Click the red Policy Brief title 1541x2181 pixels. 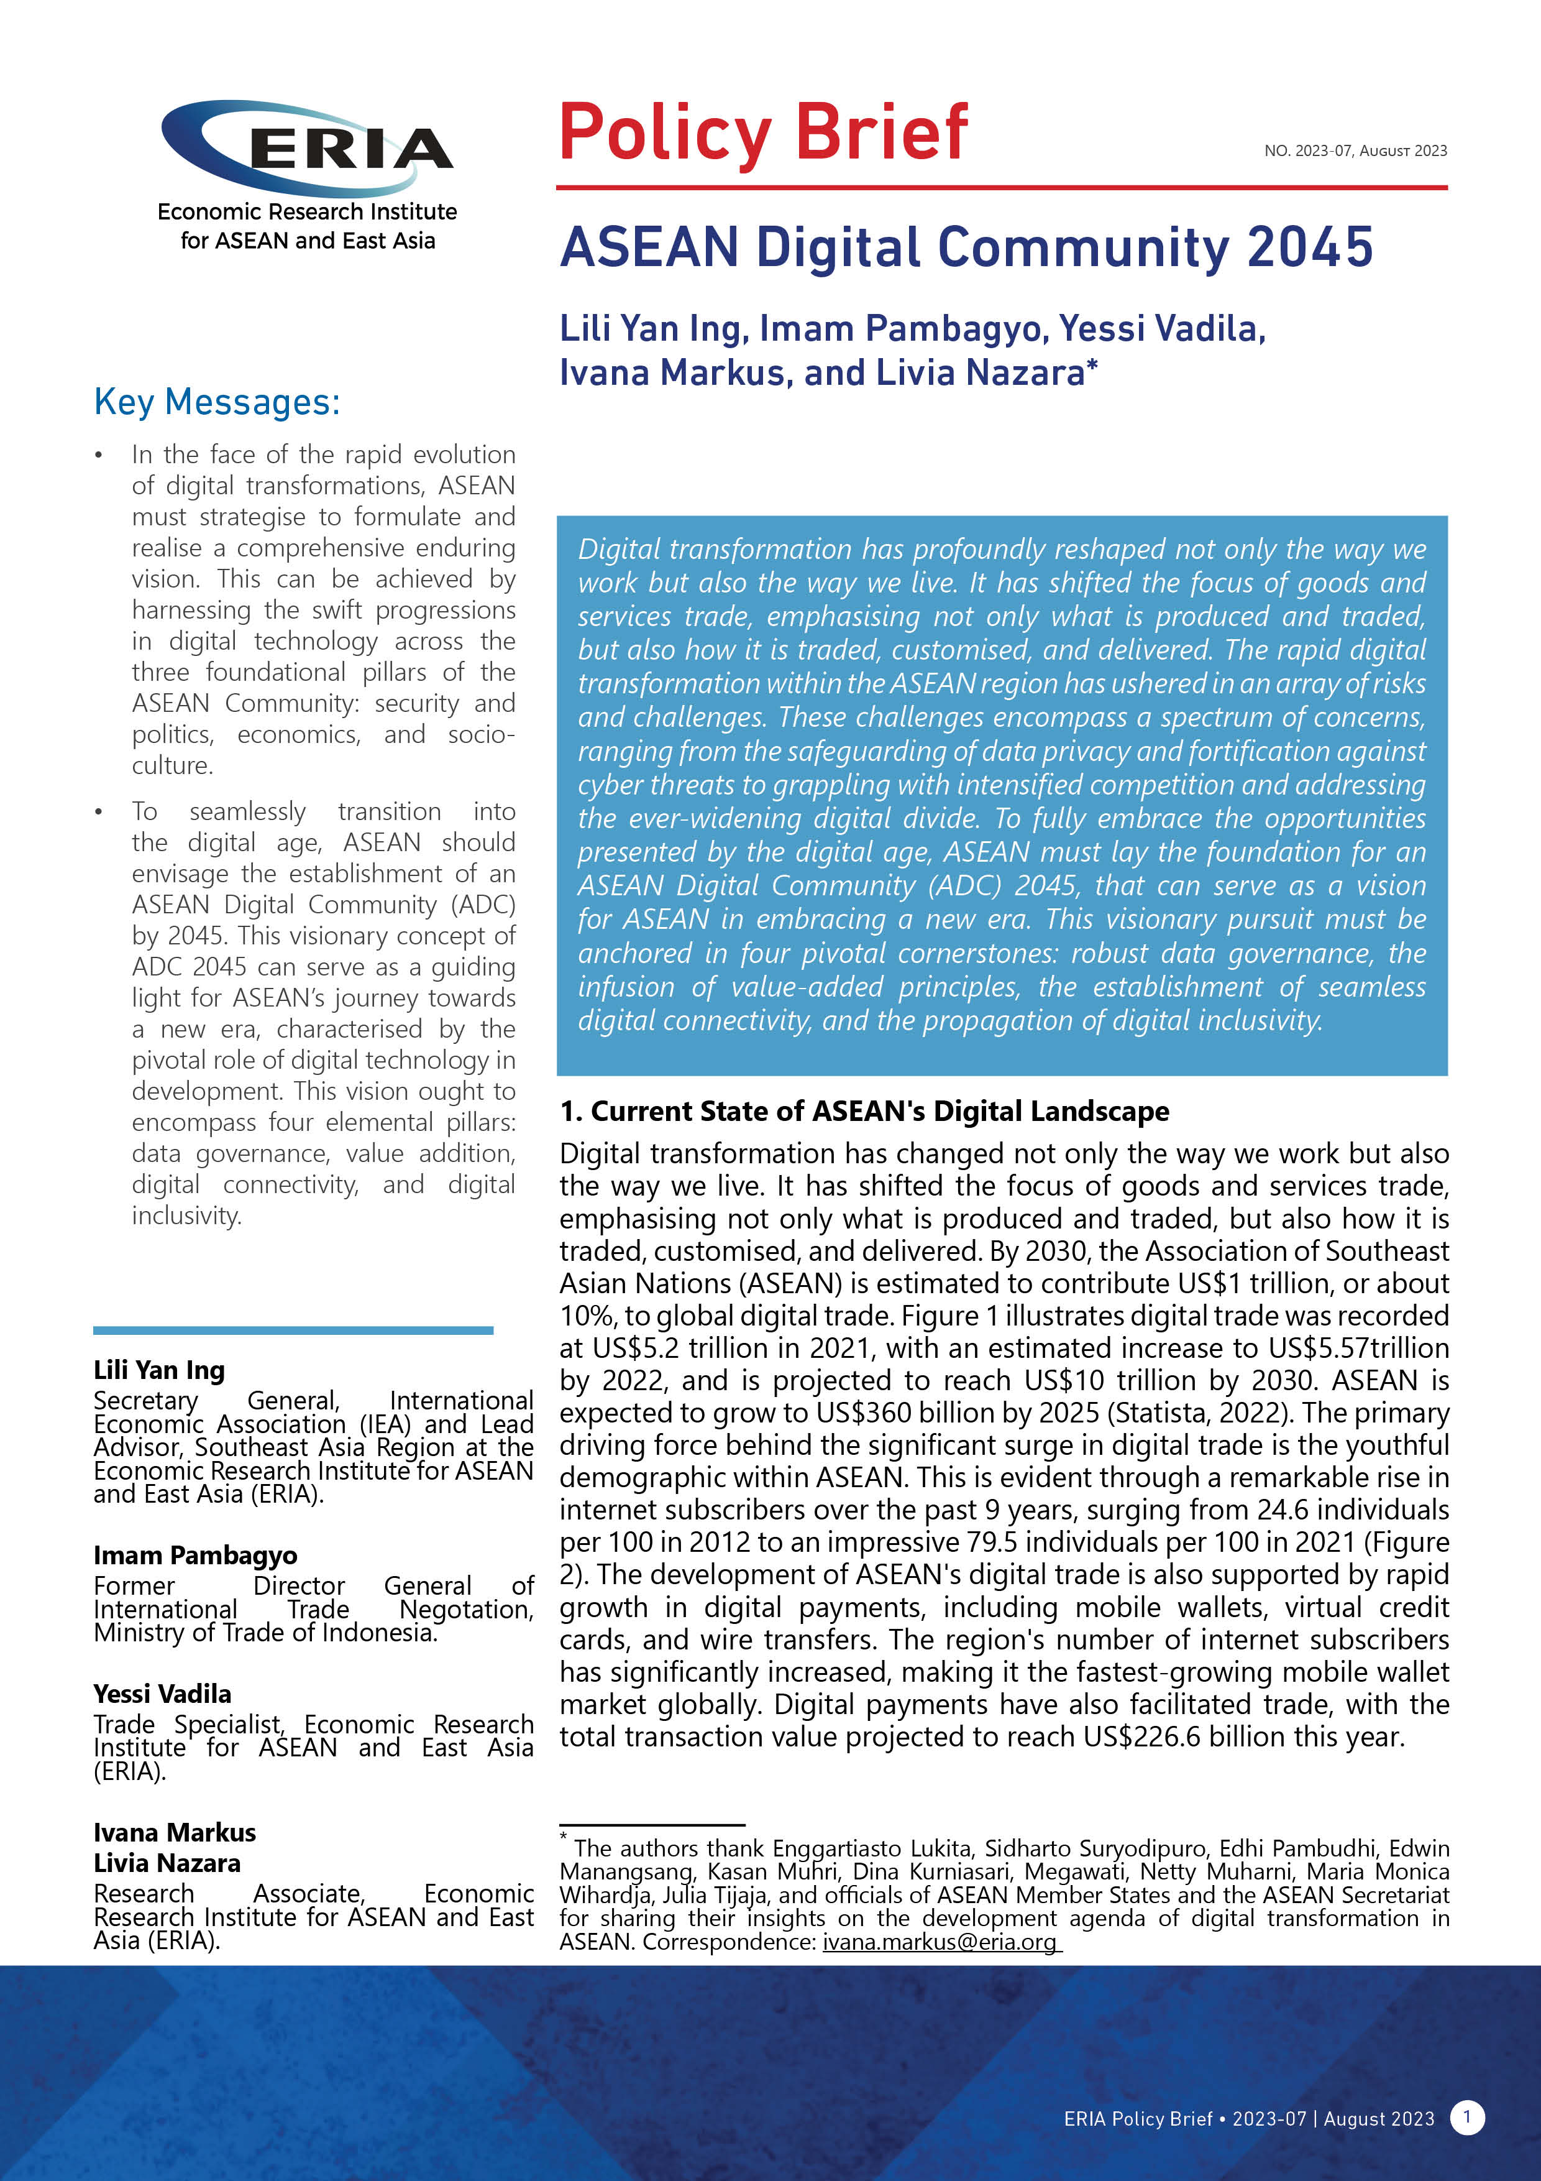click(762, 133)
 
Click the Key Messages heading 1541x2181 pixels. click(216, 402)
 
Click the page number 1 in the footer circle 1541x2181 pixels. click(1467, 2118)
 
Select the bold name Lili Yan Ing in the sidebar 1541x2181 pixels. click(158, 1370)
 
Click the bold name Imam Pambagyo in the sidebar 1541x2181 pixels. click(194, 1555)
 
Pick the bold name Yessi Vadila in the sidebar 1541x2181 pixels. click(162, 1694)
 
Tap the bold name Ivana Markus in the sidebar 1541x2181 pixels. click(175, 1832)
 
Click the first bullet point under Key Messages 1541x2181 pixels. click(99, 456)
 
